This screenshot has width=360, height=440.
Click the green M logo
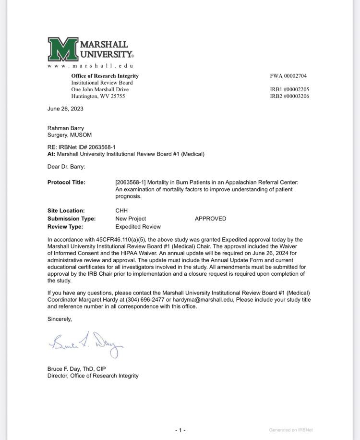[62, 49]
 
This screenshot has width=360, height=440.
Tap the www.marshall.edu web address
[90, 65]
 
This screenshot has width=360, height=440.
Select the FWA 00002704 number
[288, 76]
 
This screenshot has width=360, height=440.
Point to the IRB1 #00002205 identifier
[289, 89]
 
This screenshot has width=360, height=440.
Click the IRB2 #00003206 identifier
[289, 96]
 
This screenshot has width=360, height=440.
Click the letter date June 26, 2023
[65, 109]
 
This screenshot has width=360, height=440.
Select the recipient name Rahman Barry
[66, 128]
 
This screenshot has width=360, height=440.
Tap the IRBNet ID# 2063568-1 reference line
[82, 147]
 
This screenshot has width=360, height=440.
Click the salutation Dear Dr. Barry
[66, 167]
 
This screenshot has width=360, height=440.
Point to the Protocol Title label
[66, 183]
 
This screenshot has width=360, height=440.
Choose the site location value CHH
[121, 210]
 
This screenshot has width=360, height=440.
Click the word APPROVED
[210, 219]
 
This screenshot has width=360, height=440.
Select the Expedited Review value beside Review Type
[138, 227]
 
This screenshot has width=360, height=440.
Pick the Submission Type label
[72, 219]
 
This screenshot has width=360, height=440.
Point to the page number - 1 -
[180, 430]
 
